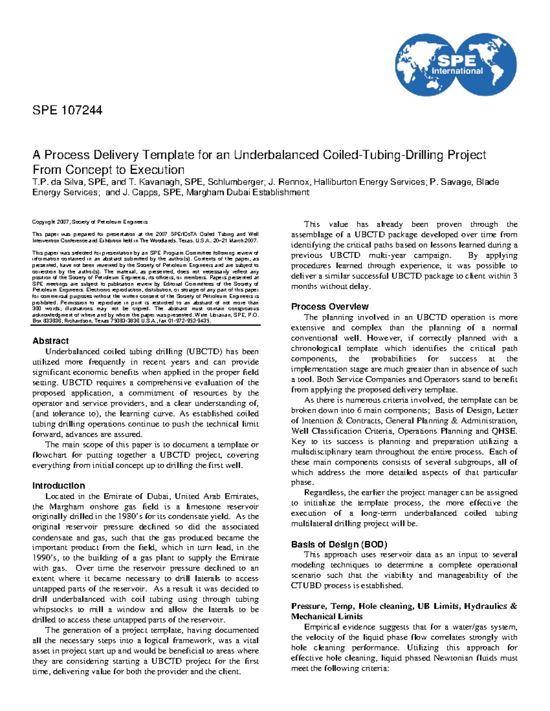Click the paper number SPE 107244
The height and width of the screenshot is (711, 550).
coord(67,110)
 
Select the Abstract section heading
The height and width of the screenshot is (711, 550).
coord(50,341)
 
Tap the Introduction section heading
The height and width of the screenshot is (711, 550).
coord(58,486)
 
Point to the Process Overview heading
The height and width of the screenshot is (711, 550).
coord(330,307)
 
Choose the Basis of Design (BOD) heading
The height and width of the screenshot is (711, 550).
coord(339,544)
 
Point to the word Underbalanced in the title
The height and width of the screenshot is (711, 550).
coord(277,155)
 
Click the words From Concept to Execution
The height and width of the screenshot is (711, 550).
coord(108,169)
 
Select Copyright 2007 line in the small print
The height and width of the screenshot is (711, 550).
coord(89,222)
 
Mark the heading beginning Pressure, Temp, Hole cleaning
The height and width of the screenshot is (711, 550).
coord(403,606)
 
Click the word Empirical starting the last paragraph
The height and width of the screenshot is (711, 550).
coord(322,627)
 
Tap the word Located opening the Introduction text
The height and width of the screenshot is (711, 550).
coord(60,496)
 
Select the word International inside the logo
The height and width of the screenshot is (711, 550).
coord(457,71)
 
